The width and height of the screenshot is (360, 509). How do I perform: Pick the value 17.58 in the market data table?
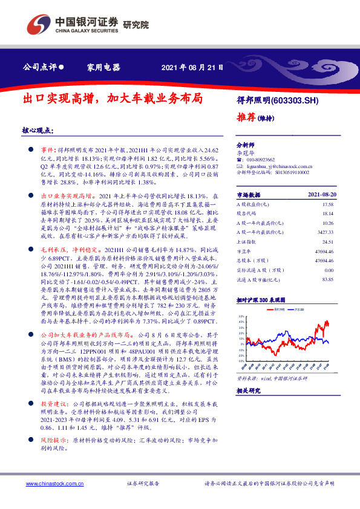(x=327, y=204)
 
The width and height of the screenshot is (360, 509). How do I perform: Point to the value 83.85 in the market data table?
(x=327, y=279)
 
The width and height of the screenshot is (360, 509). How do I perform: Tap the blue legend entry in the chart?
(x=298, y=309)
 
